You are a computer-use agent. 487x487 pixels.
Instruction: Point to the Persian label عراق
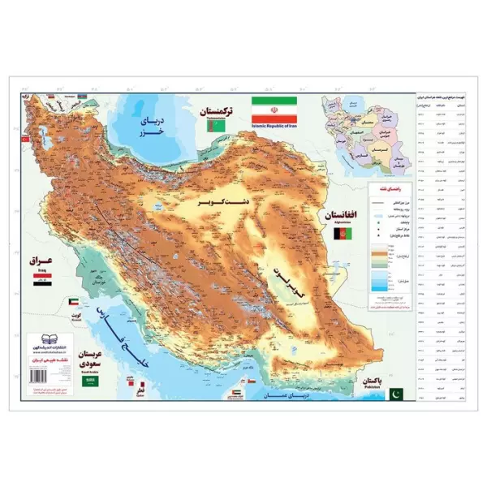(x=39, y=261)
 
